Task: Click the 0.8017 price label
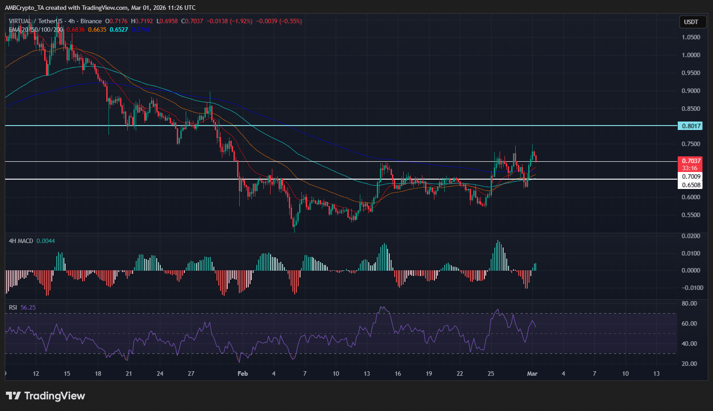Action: coord(690,126)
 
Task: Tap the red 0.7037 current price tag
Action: coord(690,161)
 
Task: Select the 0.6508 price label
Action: coord(690,185)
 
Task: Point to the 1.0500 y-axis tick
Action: coord(691,37)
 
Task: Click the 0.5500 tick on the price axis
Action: coord(691,215)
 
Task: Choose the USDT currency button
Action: coord(691,22)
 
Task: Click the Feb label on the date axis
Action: coord(242,373)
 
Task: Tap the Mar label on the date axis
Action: coord(532,373)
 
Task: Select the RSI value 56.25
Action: coord(28,307)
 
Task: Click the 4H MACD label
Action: coord(21,241)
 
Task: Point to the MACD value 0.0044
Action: coord(46,241)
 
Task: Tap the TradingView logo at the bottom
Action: coord(46,396)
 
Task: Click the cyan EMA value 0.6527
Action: coord(119,29)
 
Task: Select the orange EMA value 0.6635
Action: coord(97,29)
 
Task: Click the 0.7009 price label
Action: coord(690,176)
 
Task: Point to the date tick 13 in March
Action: coord(656,373)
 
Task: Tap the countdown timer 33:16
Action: coord(690,168)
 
